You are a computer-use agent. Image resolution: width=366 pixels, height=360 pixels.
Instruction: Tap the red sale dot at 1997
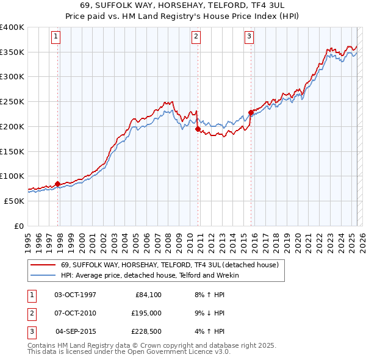coord(57,184)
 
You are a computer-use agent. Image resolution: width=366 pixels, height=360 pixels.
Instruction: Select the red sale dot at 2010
coord(198,129)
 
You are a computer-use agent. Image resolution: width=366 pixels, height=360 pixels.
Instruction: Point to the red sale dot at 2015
coord(251,112)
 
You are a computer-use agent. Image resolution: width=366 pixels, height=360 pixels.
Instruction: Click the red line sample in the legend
coord(43,265)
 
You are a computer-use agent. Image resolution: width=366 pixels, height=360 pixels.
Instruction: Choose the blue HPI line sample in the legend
coord(43,275)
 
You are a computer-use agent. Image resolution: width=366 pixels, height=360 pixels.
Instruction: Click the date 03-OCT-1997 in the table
coord(75,295)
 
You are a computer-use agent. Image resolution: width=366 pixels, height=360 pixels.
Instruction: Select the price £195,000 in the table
coord(146,313)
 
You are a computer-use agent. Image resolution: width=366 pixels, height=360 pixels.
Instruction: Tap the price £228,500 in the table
coord(146,331)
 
